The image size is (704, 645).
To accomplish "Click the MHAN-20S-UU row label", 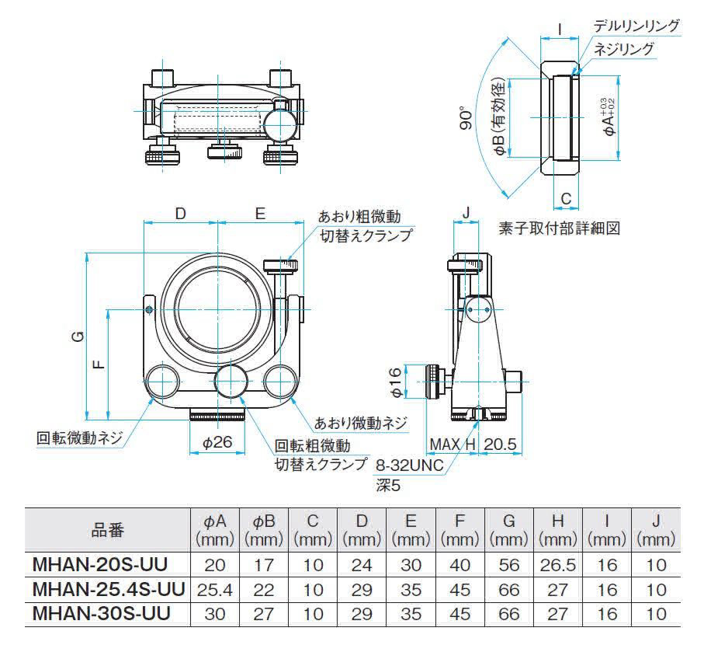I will (x=100, y=564).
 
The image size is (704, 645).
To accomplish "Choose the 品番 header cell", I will (x=107, y=529).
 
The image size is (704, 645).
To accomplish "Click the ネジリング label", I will (x=624, y=48).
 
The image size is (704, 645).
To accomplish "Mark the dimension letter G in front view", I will (x=76, y=336).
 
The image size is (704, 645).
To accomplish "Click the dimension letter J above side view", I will (x=466, y=211).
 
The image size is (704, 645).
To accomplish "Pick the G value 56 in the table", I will (x=509, y=564).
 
